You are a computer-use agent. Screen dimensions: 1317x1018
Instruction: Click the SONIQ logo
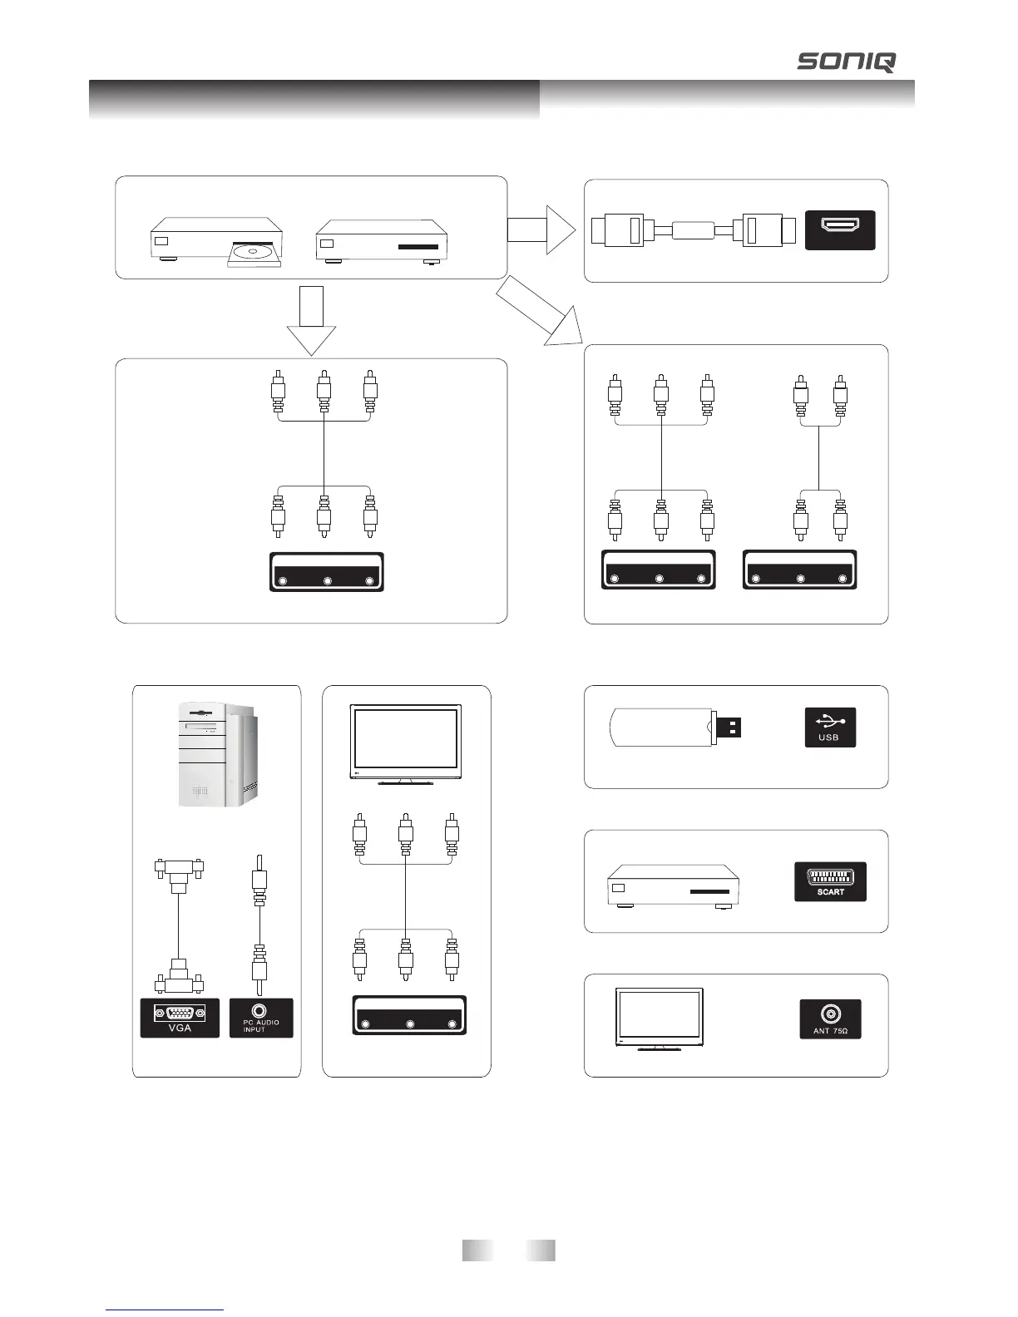(x=847, y=62)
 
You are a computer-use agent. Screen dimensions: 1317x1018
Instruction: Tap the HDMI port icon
(x=840, y=229)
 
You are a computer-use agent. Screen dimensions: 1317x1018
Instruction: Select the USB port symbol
(x=830, y=727)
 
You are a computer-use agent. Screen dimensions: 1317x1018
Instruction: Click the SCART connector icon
(x=830, y=881)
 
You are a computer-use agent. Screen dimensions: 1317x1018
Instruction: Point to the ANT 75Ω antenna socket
(x=830, y=1018)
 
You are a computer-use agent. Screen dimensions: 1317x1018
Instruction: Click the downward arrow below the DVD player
(x=311, y=320)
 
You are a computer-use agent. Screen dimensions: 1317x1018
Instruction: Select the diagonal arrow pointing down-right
(x=541, y=313)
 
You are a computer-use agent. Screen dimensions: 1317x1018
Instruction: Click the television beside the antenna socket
(x=659, y=1019)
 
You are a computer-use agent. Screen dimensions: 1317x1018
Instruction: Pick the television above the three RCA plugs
(x=406, y=743)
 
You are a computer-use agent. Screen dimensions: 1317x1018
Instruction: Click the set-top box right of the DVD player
(x=382, y=241)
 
